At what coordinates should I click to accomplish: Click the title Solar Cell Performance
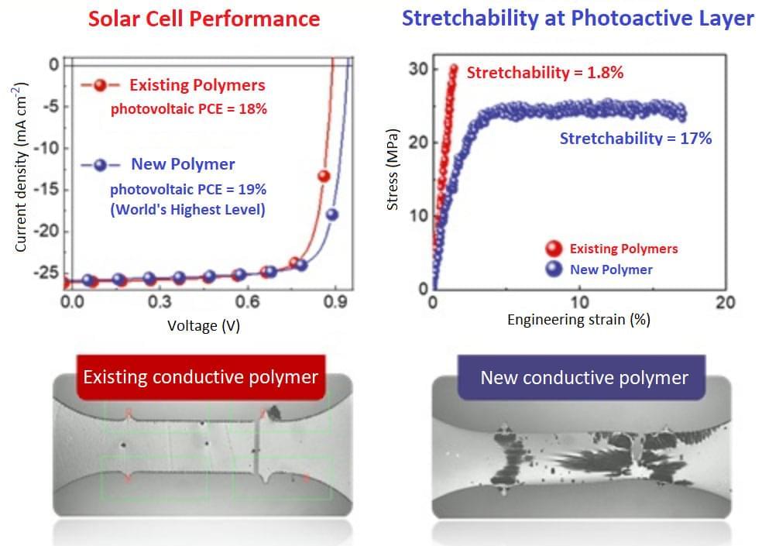[204, 19]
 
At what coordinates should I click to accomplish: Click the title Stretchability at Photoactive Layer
[577, 19]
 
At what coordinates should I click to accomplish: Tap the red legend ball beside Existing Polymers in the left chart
[101, 85]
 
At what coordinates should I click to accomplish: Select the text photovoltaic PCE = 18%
[188, 109]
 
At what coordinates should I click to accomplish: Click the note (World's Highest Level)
[187, 209]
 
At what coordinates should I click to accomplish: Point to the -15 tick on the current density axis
[49, 189]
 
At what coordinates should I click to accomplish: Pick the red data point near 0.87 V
[324, 176]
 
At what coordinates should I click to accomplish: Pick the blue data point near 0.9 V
[332, 215]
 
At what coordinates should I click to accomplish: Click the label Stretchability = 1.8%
[545, 73]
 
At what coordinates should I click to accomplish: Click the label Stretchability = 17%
[635, 139]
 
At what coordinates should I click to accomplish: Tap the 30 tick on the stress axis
[417, 70]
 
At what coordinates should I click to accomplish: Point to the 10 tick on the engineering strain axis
[578, 301]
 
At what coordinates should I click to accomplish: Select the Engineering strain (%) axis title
[578, 319]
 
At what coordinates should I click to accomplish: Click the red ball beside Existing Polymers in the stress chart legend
[554, 249]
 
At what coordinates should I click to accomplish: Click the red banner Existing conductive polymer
[201, 377]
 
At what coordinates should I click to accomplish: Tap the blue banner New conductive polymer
[584, 378]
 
